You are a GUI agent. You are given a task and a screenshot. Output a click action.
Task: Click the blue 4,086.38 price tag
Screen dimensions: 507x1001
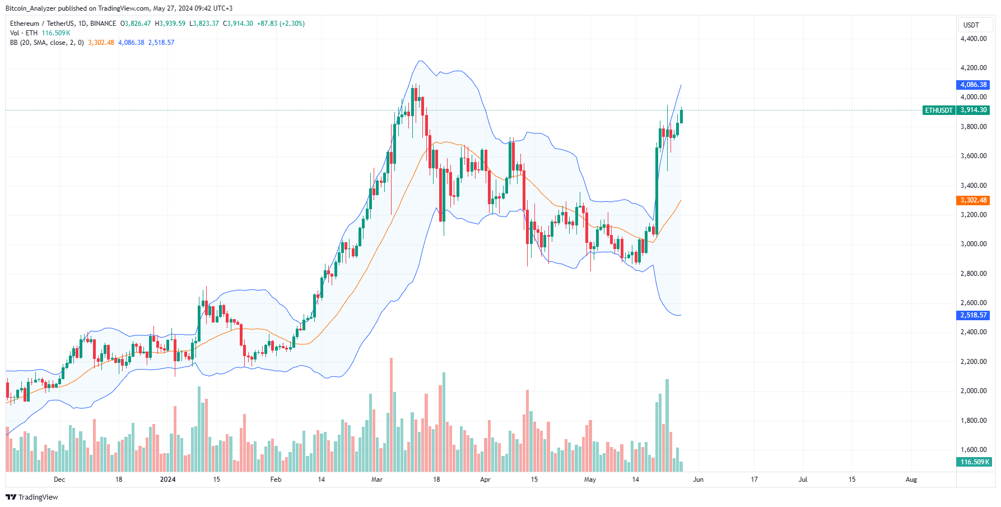click(974, 85)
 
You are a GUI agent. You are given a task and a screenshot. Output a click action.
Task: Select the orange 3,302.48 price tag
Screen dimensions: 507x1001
click(974, 200)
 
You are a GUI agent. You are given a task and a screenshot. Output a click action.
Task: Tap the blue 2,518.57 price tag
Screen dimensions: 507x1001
click(974, 315)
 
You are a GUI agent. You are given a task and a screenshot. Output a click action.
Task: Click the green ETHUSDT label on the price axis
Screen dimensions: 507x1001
click(938, 110)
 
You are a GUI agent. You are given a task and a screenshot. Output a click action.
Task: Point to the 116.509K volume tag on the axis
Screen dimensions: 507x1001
click(974, 462)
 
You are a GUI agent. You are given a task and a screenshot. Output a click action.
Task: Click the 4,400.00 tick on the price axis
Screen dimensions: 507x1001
click(974, 39)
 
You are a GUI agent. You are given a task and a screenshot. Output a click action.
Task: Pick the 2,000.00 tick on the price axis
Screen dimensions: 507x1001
click(974, 391)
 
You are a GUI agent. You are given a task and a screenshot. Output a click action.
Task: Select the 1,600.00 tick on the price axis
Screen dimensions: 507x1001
click(974, 450)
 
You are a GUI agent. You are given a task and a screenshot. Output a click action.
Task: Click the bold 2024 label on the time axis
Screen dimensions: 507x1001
click(167, 480)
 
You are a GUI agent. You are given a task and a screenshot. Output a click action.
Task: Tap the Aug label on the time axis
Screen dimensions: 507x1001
click(911, 480)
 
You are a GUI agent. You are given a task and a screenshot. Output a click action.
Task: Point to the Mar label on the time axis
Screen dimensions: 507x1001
click(377, 480)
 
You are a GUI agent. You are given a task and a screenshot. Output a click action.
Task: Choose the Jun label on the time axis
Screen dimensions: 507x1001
click(698, 480)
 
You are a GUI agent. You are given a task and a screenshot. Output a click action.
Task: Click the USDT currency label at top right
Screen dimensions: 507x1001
click(971, 25)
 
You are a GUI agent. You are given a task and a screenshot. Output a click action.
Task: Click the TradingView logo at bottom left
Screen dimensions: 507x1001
click(32, 497)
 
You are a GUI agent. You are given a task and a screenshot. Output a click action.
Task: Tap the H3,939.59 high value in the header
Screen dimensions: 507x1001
click(170, 24)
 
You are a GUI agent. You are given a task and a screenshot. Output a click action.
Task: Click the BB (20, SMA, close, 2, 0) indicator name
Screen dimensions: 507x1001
click(46, 43)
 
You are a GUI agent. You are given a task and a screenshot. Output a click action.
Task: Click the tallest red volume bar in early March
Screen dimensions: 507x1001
click(391, 415)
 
